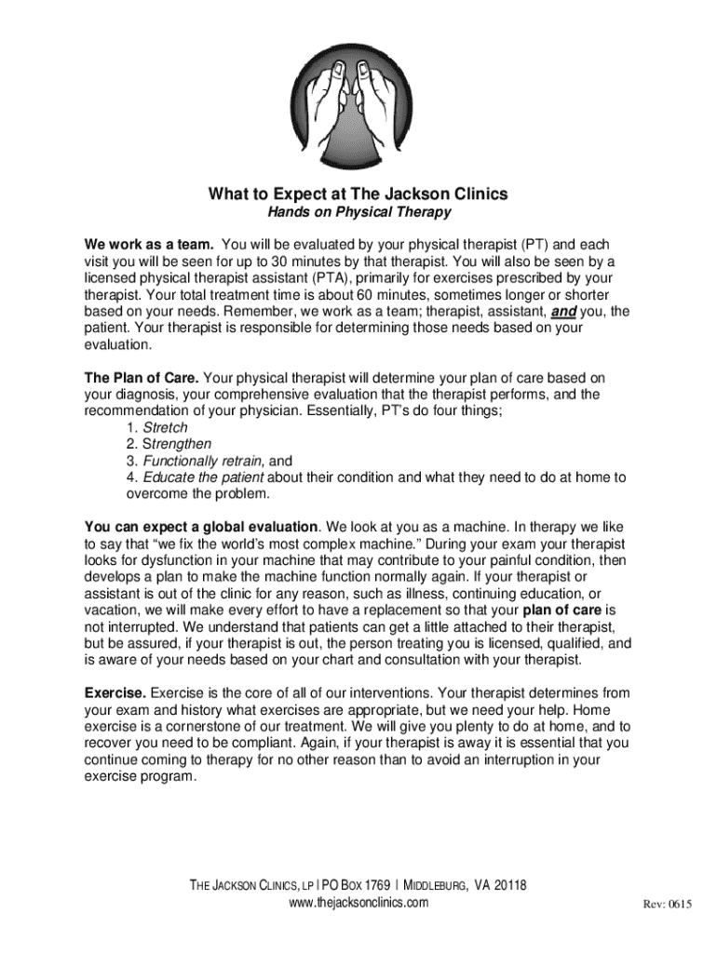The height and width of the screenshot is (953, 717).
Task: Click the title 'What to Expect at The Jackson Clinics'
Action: point(358,195)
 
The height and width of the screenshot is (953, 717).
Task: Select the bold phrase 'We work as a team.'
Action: point(149,244)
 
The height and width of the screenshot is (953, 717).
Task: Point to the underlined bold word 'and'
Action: point(564,311)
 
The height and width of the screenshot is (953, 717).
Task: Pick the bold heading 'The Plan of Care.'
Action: point(142,378)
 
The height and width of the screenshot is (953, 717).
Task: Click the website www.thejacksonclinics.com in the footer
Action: point(358,903)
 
